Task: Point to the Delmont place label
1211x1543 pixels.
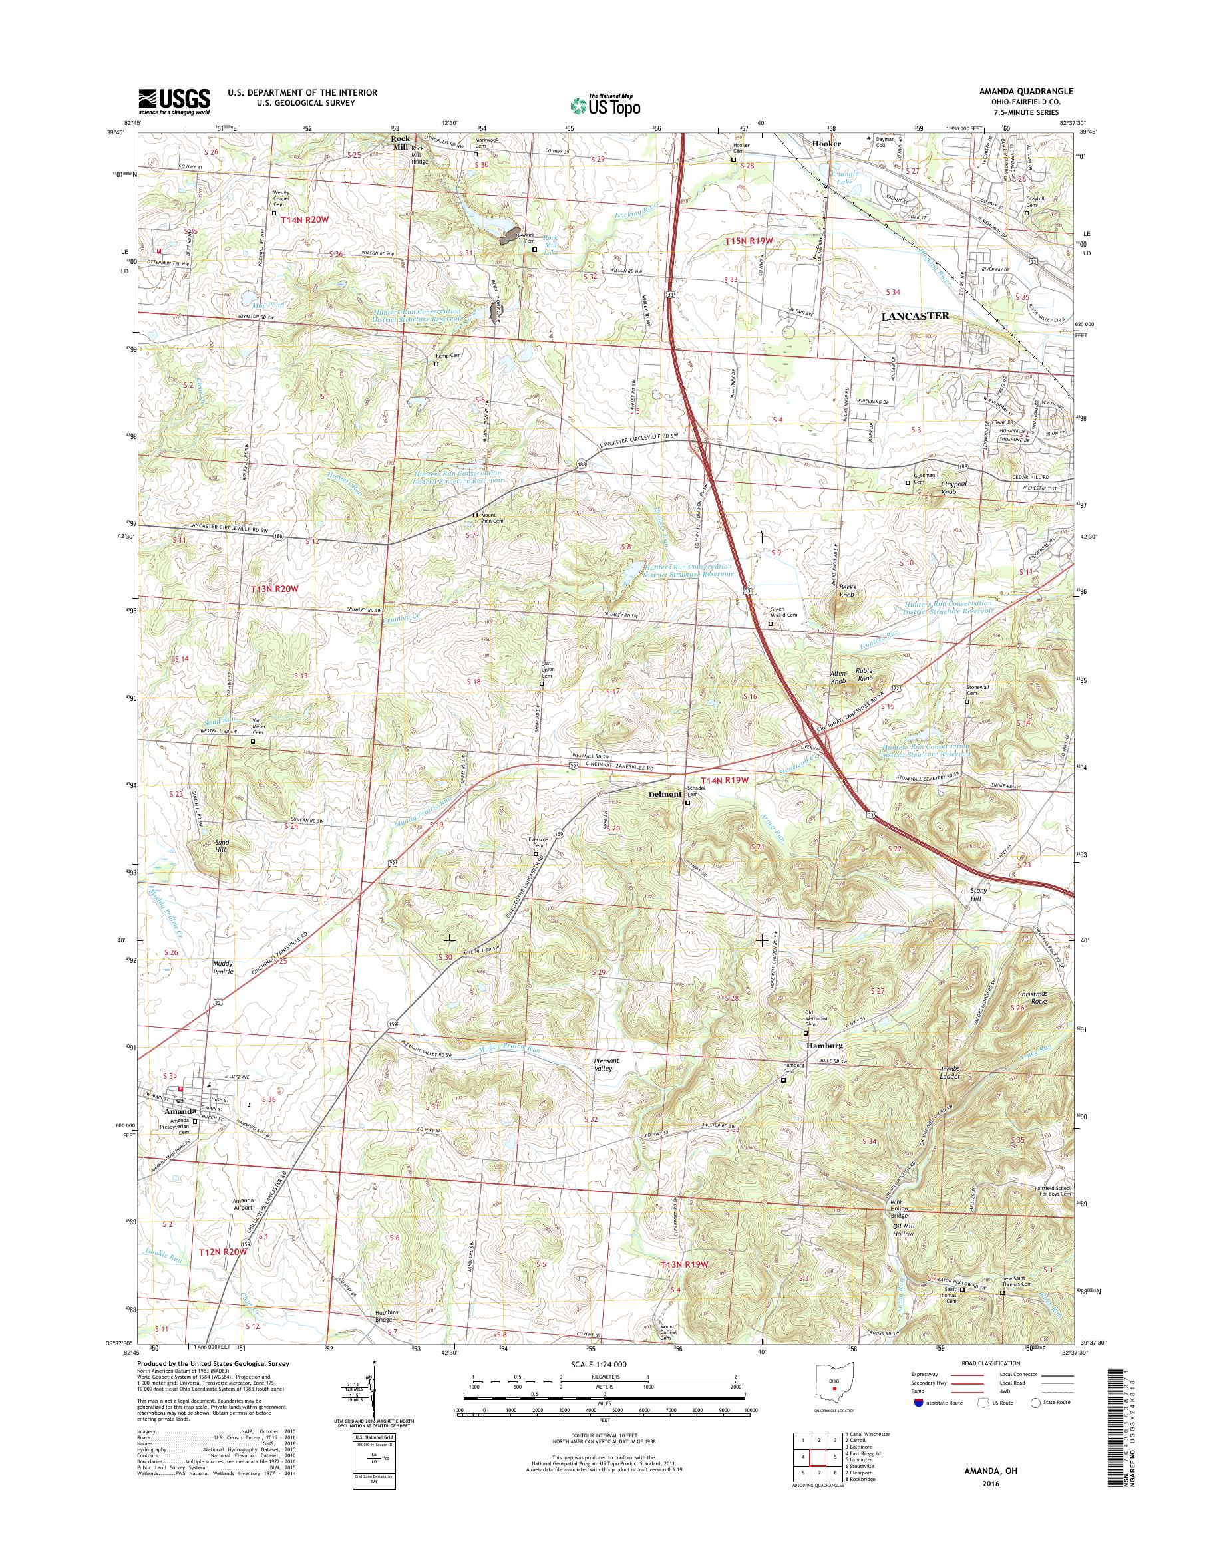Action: coord(663,795)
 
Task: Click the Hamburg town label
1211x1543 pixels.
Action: coord(823,1046)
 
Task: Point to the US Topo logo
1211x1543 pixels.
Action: coord(605,105)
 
